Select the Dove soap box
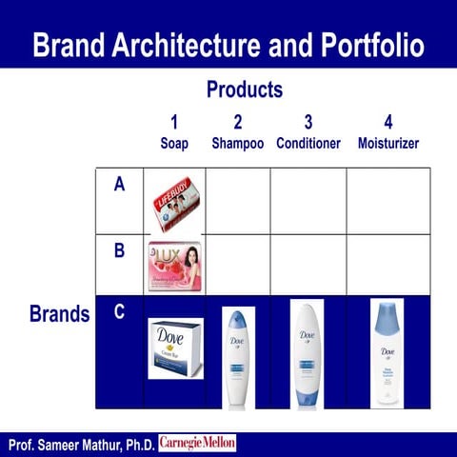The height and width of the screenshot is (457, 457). tap(175, 348)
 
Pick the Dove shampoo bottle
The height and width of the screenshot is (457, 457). tap(237, 356)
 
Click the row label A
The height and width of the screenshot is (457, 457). tap(119, 185)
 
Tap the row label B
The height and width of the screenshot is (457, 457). tap(119, 251)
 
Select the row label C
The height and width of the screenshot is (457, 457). tap(119, 311)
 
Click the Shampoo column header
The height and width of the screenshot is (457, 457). tap(237, 144)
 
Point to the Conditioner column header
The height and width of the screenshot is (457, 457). tap(308, 144)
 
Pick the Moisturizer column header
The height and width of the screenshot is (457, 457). tap(387, 144)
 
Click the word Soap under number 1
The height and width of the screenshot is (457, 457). tap(174, 144)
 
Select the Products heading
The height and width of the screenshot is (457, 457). tap(245, 89)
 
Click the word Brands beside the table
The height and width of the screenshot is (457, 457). tap(60, 314)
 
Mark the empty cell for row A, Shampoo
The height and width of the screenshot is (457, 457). tap(238, 202)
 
